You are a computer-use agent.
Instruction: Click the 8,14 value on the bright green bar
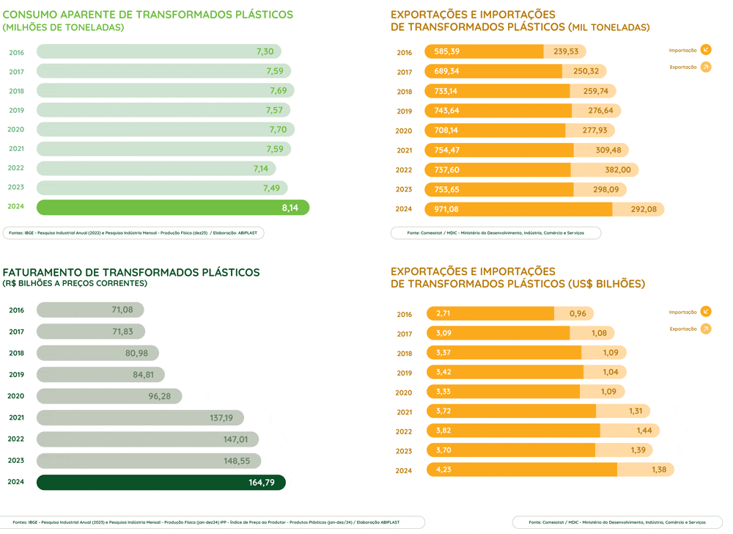290,208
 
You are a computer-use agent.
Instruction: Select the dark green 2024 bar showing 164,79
161,483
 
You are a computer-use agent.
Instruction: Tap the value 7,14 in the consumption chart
261,169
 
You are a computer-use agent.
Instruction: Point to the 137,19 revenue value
221,418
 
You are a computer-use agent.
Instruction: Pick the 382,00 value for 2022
616,170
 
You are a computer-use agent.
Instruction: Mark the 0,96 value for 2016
578,314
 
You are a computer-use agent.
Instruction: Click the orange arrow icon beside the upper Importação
706,50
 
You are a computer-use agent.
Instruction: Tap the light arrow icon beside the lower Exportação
706,329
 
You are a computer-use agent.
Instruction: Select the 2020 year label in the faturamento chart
16,396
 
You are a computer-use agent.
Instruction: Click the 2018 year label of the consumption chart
16,91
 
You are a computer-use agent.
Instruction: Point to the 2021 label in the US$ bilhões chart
404,412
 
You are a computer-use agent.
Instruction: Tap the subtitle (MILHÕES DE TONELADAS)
64,27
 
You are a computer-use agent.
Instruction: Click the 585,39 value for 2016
446,52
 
